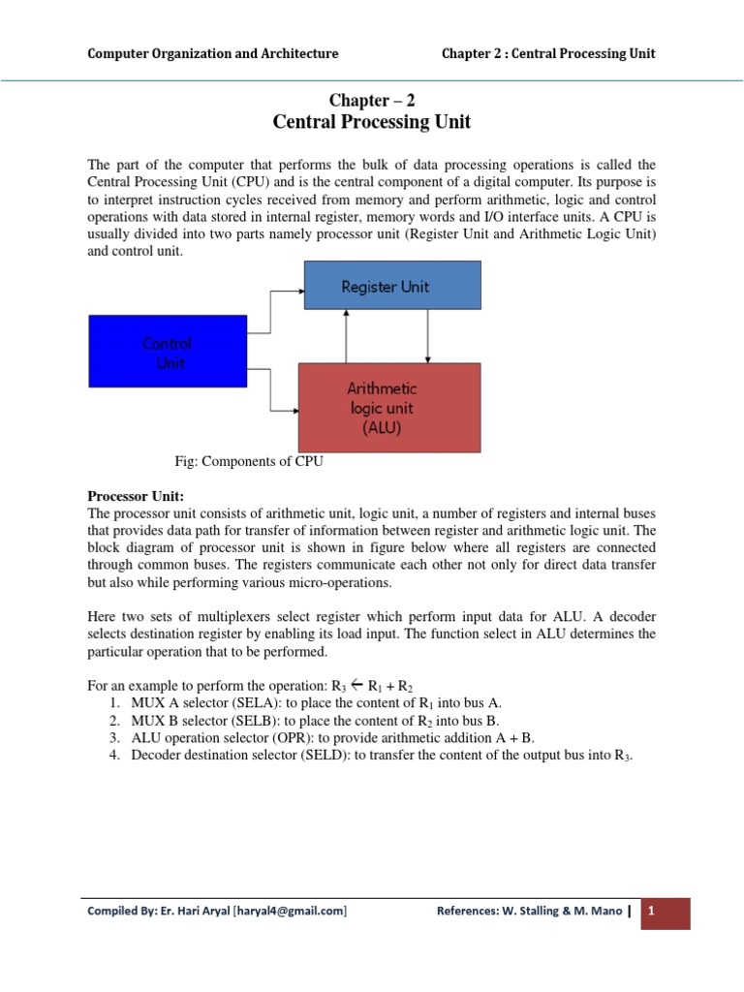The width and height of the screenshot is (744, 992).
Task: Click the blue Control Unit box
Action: point(167,351)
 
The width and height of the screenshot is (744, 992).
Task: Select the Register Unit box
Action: point(392,287)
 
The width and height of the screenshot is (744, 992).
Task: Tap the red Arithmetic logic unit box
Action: point(388,407)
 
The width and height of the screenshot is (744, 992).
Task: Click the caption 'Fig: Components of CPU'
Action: point(245,462)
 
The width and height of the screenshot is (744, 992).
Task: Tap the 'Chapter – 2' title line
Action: point(373,100)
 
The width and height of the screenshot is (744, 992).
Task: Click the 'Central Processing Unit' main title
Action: point(372,122)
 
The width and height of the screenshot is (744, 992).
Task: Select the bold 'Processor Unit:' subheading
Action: point(129,496)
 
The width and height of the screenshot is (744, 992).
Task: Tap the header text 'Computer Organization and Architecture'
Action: point(213,53)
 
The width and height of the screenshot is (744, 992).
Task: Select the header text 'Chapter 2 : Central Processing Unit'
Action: point(548,53)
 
